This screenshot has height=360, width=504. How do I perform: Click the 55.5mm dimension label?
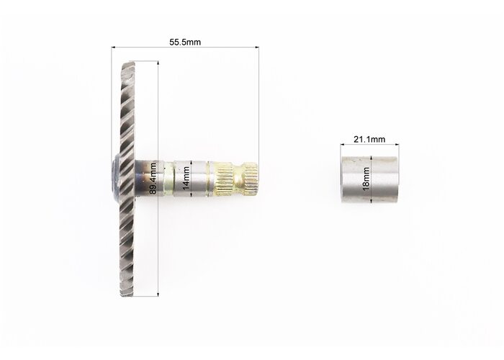pyautogui.click(x=185, y=42)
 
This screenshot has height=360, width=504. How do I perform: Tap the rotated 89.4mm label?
pyautogui.click(x=153, y=179)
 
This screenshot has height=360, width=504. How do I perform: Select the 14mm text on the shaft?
pyautogui.click(x=186, y=178)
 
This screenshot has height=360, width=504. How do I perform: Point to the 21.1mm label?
pyautogui.click(x=369, y=139)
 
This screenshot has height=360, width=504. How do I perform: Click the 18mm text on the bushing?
pyautogui.click(x=366, y=179)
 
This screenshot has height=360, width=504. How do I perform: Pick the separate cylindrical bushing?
pyautogui.click(x=369, y=180)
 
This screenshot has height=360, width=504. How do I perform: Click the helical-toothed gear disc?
pyautogui.click(x=127, y=179)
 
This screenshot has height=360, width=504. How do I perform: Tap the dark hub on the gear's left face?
pyautogui.click(x=116, y=179)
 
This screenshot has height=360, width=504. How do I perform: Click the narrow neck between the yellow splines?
pyautogui.click(x=238, y=179)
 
